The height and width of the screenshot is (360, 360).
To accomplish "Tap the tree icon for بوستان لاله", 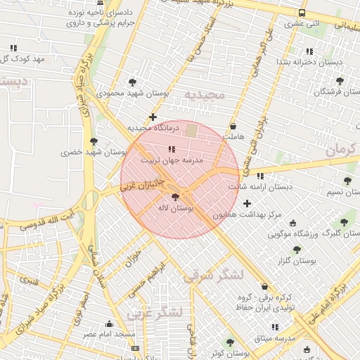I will point(174,198).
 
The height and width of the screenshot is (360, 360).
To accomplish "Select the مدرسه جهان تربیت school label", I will point(172,160).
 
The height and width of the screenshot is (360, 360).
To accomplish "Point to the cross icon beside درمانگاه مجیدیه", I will point(153,117).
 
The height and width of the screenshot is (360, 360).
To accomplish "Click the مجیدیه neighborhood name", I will point(204,94).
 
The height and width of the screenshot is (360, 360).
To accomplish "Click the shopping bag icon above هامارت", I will point(232,127).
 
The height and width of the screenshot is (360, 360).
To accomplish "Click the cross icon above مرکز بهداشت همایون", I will point(247,204).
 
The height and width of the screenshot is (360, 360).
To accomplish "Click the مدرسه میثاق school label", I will point(271,339).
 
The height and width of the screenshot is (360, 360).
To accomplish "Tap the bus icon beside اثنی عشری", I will point(302,13).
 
